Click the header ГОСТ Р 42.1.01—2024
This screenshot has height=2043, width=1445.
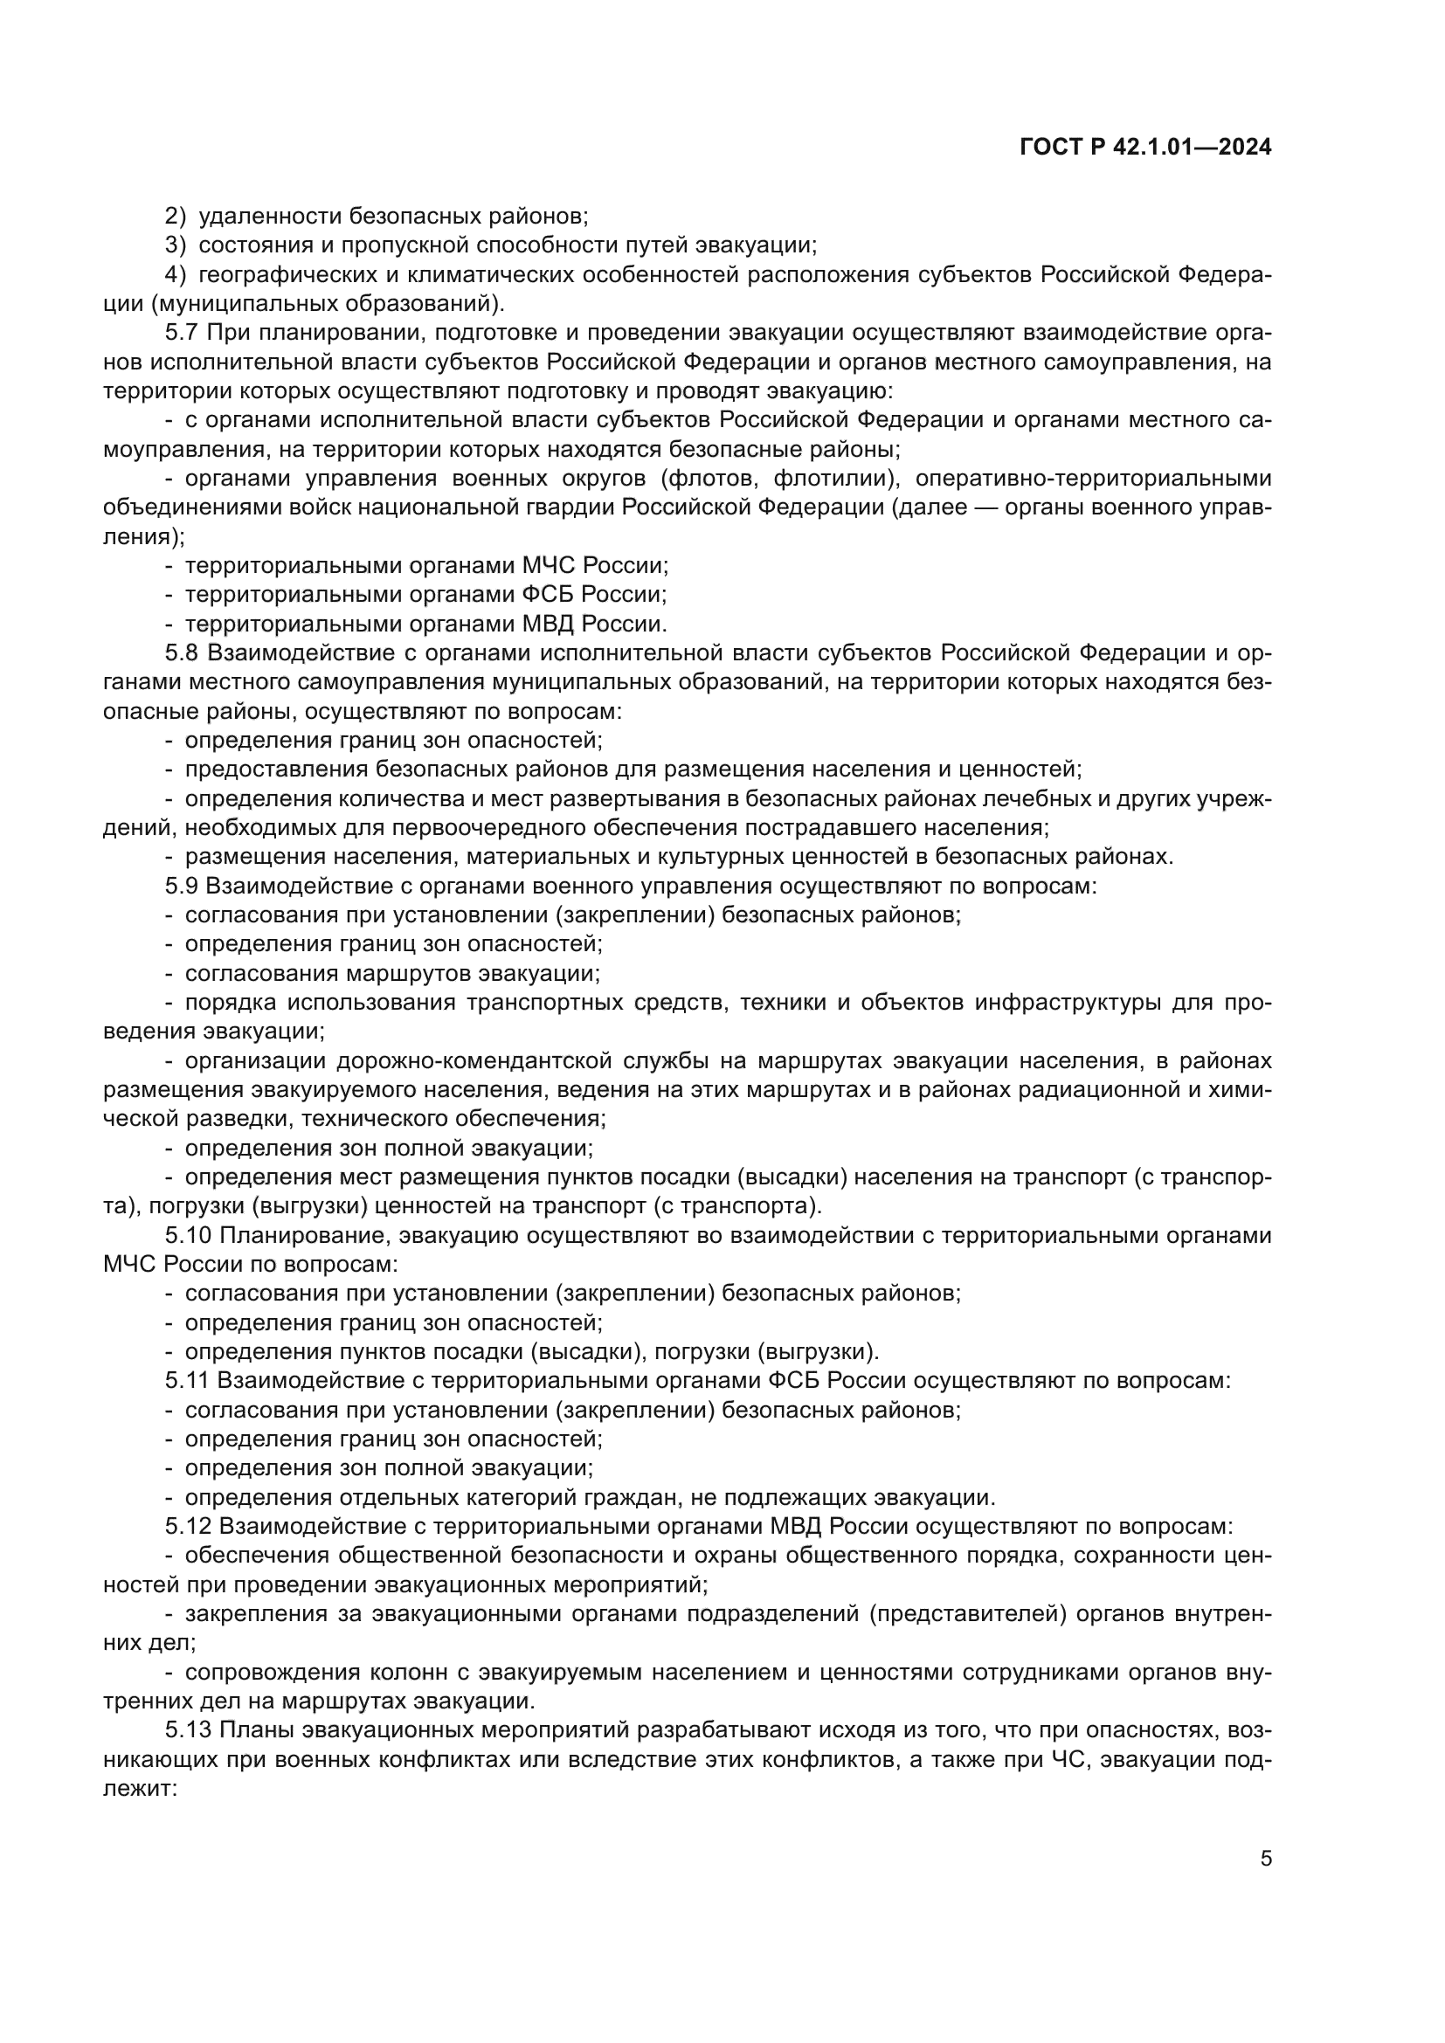point(1145,148)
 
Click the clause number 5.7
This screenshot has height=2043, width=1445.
point(182,333)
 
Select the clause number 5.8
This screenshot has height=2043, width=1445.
point(182,653)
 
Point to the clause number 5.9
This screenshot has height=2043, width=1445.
point(182,886)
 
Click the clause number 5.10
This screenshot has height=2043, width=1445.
point(187,1235)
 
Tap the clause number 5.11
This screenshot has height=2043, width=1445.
point(187,1381)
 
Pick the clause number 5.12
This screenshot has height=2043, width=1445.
point(187,1527)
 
